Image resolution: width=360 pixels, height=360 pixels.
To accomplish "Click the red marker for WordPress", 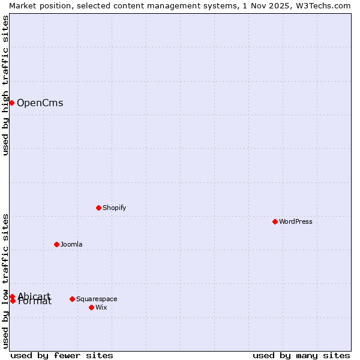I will pos(275,221).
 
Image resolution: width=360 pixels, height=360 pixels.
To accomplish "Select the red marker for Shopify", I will pos(98,208).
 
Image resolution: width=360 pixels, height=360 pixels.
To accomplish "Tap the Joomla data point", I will pos(56,244).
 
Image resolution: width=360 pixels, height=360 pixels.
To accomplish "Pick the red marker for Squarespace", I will pos(72,299).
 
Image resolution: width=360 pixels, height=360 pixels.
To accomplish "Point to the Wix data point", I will pos(91,307).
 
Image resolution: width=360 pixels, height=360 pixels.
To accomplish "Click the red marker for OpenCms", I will pos(11,103).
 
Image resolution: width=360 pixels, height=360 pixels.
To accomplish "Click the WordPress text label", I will pos(296,221).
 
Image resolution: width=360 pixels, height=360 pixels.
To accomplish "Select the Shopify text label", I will pos(114,208).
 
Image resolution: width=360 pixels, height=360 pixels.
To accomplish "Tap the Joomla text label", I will pos(71,244).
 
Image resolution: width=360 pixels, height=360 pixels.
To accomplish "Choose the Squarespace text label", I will pos(97,299).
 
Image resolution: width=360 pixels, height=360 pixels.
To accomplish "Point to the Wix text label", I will pos(101,307).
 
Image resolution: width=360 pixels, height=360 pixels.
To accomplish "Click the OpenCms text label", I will pos(40,103).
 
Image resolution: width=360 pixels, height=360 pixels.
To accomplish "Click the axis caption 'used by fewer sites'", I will pos(62,355).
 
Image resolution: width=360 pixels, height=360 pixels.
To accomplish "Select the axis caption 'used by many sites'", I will pos(301,355).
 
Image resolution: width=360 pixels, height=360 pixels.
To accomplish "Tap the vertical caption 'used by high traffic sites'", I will pos(5,85).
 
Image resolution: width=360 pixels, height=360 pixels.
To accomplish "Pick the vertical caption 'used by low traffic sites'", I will pos(5,281).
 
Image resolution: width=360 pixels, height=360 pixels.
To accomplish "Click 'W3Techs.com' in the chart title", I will pos(324,5).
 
